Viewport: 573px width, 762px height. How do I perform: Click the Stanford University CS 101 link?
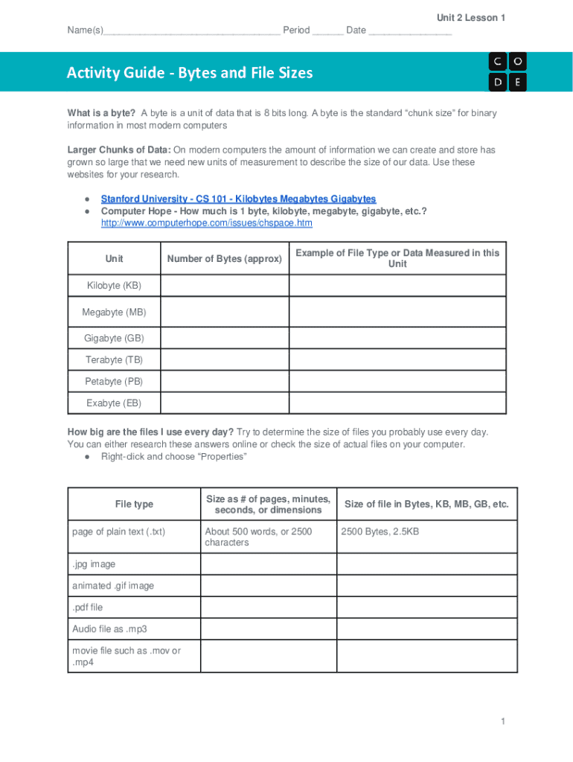238,199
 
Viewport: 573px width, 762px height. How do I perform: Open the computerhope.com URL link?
206,223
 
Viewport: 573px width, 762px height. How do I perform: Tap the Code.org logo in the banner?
508,71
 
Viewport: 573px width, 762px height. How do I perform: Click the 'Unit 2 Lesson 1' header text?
471,18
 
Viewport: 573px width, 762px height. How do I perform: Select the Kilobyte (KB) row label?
114,286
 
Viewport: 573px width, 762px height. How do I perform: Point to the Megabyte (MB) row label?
114,313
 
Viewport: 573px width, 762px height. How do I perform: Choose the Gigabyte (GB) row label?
114,339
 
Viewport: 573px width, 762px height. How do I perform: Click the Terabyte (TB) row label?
114,360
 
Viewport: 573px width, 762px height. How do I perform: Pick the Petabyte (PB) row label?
114,382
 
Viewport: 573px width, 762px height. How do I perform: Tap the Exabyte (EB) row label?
114,403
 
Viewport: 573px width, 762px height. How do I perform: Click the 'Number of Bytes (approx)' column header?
225,259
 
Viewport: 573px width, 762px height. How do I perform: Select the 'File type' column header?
134,505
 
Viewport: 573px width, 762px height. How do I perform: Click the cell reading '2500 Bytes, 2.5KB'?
380,532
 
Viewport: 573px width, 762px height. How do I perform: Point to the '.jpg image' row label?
94,565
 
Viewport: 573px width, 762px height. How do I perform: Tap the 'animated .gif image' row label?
113,586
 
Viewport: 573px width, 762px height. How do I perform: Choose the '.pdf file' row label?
87,608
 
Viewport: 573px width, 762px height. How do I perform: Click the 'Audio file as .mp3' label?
109,630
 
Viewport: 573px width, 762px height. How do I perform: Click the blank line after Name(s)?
191,31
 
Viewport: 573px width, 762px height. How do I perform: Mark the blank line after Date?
410,31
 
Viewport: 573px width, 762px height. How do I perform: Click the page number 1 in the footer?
504,722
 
